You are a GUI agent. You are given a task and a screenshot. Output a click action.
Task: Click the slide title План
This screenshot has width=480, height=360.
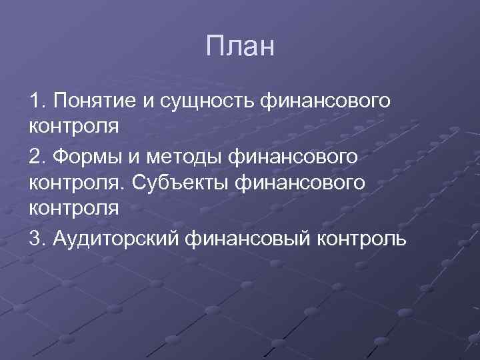(240, 47)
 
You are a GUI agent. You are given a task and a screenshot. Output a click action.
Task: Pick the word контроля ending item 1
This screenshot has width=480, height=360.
(73, 127)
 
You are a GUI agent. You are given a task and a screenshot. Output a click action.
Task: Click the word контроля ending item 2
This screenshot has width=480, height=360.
(73, 208)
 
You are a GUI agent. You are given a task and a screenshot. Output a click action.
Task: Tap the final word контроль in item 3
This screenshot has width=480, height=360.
(357, 238)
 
